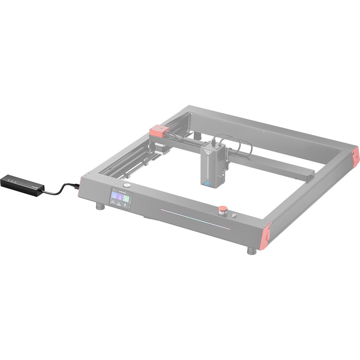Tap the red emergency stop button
point(222,210)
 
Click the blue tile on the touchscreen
point(115,195)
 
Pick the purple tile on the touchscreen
point(121,197)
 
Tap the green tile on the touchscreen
point(127,198)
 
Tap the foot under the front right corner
point(251,251)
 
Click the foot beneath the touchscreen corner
point(101,207)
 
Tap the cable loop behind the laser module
point(243,146)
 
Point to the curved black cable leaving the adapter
point(60,189)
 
